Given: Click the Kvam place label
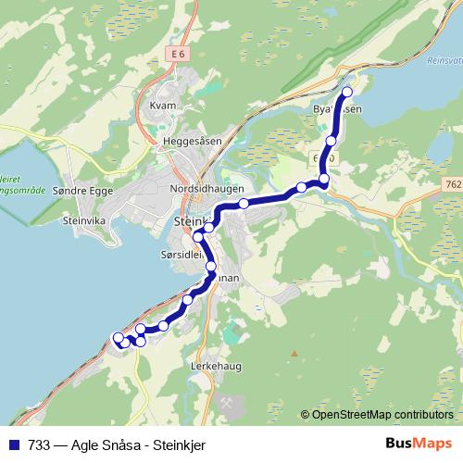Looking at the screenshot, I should point(162,106).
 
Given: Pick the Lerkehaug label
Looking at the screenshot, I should point(217,366).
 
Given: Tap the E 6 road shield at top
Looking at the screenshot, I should point(178,56).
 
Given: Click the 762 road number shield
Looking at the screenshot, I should point(452,185).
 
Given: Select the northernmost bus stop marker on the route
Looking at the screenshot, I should point(347,92).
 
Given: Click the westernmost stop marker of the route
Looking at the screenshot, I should point(118,338).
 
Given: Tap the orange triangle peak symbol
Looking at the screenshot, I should point(294,353).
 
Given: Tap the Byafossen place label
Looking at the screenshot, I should point(337,109).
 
